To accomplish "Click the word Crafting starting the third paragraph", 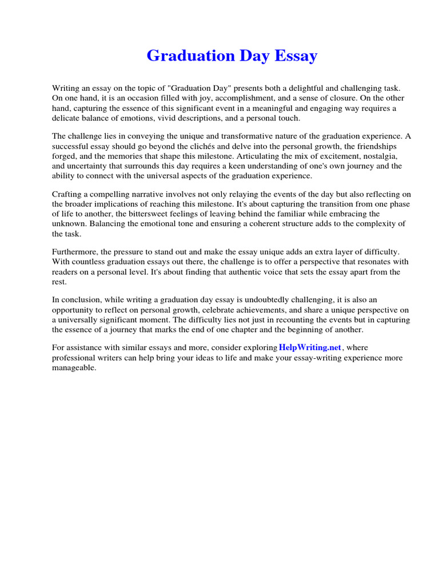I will (69, 195).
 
